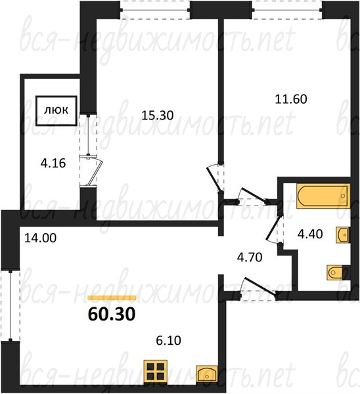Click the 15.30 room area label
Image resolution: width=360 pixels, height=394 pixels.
coord(158,116)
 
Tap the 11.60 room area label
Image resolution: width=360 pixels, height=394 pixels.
coord(291,99)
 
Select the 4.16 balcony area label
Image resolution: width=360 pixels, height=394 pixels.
coord(53,164)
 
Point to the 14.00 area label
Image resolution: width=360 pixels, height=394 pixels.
coord(41,238)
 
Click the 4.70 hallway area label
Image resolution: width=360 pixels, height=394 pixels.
coord(250,257)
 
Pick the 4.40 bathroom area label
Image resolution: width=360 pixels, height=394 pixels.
coord(310,234)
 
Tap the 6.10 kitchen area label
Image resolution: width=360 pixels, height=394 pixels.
coord(168,341)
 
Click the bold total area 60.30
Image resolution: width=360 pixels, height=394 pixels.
coord(112,314)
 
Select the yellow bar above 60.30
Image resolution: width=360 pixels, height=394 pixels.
coord(112,297)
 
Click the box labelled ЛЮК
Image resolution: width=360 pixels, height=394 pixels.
coord(56,110)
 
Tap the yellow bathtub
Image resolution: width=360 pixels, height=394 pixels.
coord(323,196)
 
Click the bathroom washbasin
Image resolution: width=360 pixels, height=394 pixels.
coord(343,235)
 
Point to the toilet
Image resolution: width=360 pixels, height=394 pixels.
coord(338,273)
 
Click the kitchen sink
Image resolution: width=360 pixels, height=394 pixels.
coord(207,374)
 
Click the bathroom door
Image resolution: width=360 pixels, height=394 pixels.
coord(275,229)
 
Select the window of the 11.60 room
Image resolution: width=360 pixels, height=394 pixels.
coord(287,10)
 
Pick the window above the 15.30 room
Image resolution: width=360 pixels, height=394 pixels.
coord(154,10)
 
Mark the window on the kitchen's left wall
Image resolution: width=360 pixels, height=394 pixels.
coord(10,306)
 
